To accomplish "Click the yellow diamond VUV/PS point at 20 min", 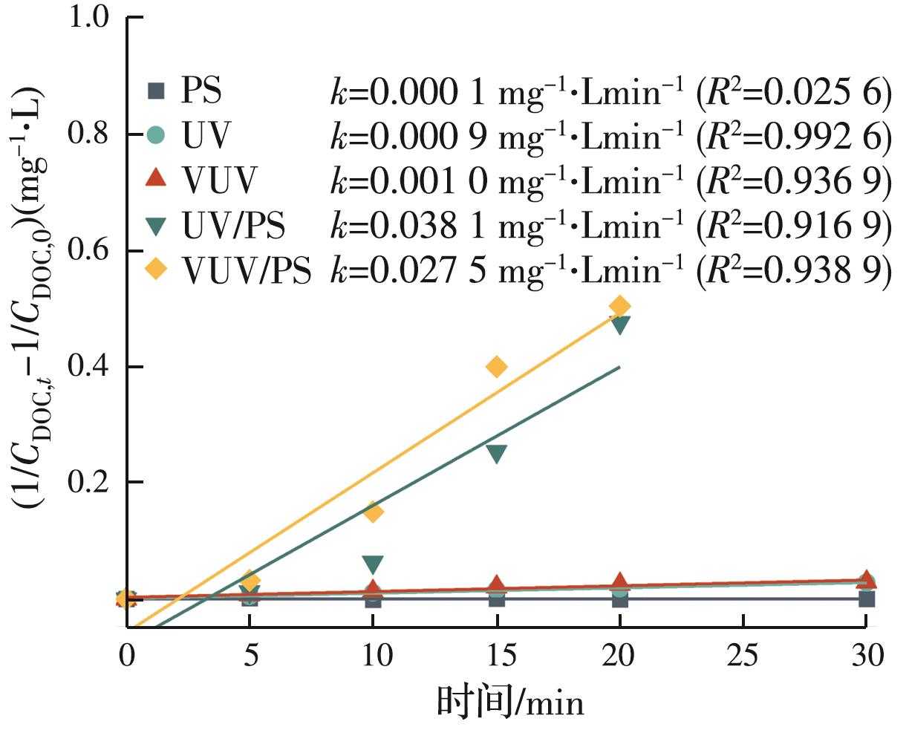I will (x=620, y=306).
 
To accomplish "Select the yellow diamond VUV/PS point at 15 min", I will (x=497, y=366).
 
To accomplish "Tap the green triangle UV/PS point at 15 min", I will (x=497, y=454).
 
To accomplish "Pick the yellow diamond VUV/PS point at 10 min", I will (x=374, y=512).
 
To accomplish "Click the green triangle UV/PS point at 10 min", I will (x=374, y=565).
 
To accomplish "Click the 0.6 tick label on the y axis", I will (x=90, y=250).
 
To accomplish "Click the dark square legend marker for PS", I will (x=155, y=92).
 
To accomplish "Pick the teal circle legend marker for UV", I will (x=155, y=135).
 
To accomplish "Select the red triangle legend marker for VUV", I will (x=155, y=178).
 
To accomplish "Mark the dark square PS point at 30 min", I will (x=866, y=599).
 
